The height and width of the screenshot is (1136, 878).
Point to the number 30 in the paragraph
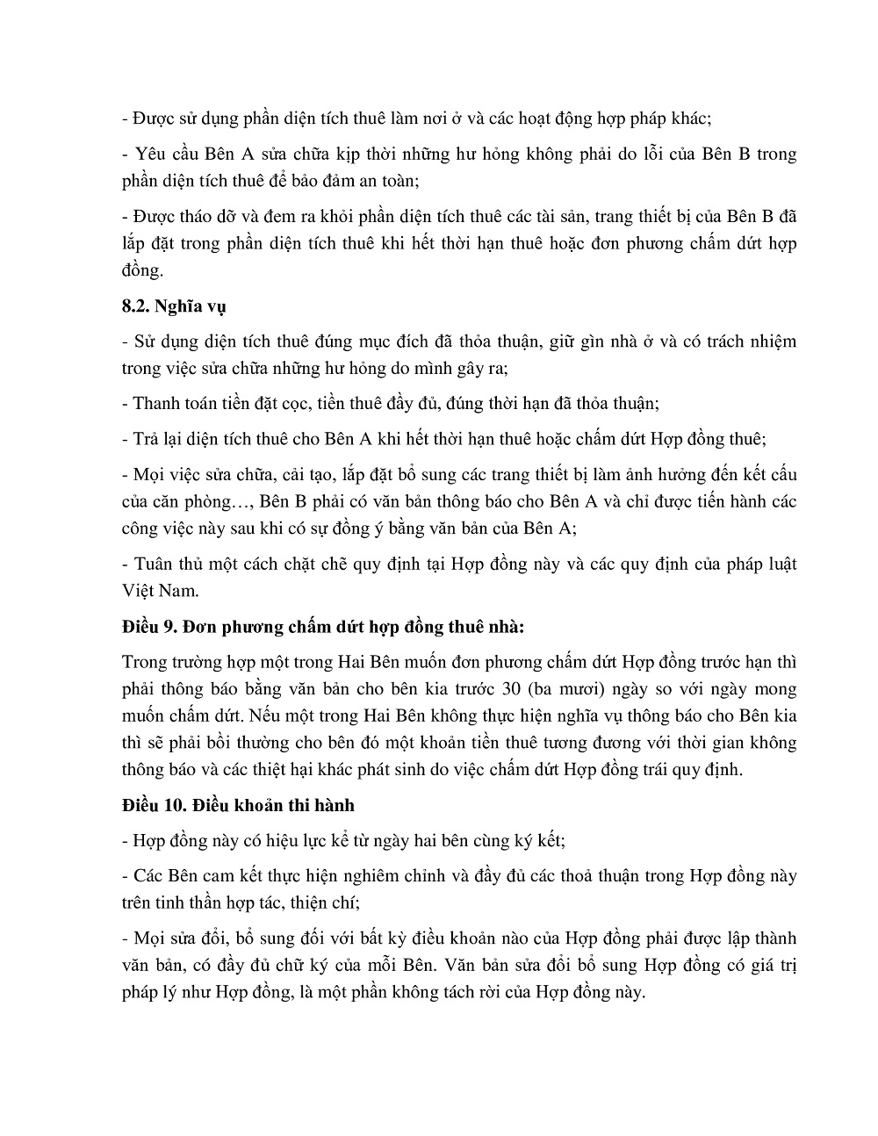(528, 689)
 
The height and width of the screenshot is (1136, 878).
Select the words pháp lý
(150, 993)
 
